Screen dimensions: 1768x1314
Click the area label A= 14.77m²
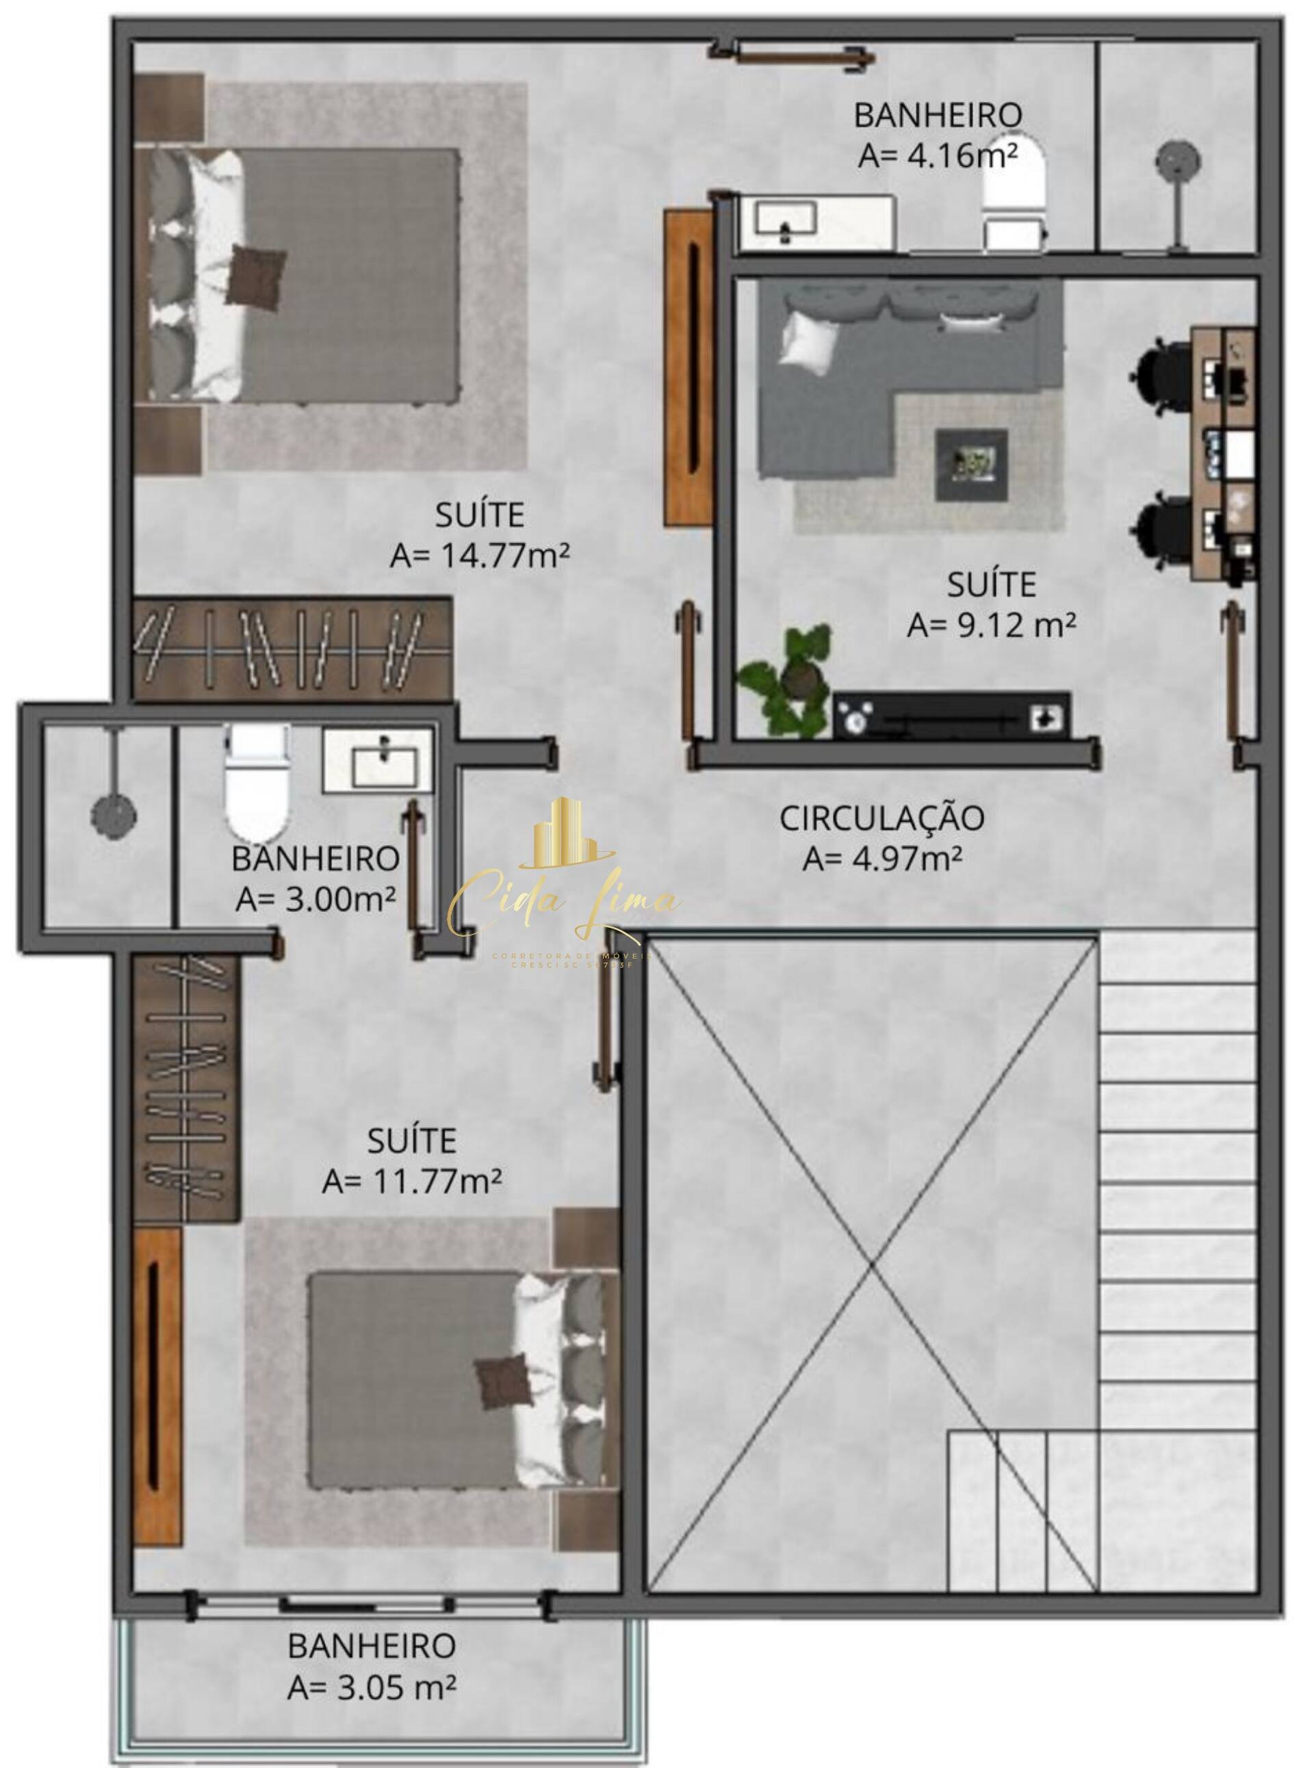click(x=480, y=556)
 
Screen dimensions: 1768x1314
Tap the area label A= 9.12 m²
click(x=991, y=625)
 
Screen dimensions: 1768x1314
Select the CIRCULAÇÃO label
click(x=881, y=818)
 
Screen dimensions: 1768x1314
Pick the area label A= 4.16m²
click(x=938, y=155)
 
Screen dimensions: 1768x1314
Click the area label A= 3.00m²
click(x=315, y=899)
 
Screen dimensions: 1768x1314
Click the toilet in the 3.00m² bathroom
click(x=256, y=788)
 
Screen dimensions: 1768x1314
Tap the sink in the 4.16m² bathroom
click(x=786, y=219)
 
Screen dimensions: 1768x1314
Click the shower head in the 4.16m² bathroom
click(x=1178, y=163)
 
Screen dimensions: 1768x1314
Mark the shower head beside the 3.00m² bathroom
click(x=114, y=815)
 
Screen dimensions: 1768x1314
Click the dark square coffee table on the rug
click(x=971, y=465)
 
